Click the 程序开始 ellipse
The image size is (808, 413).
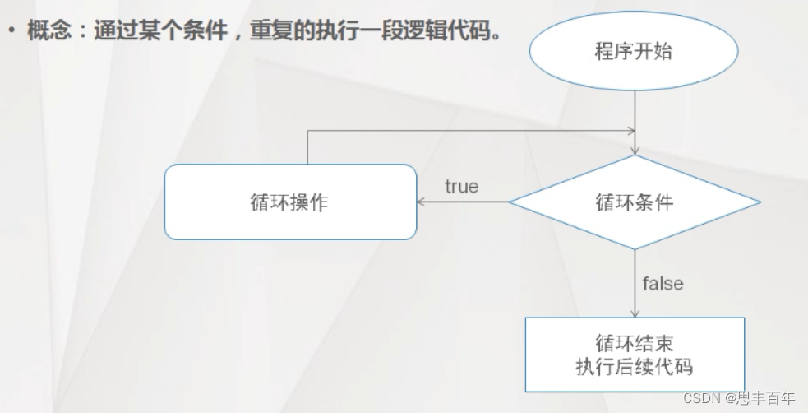634,51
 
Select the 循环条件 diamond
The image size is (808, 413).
634,202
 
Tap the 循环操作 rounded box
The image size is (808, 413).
290,202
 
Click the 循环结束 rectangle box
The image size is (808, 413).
634,354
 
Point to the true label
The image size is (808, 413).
461,187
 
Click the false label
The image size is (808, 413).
663,284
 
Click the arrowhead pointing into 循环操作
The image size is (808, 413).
421,202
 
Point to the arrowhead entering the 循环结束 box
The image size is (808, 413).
635,313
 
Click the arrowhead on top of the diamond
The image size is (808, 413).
635,151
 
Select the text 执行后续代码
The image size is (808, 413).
634,366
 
